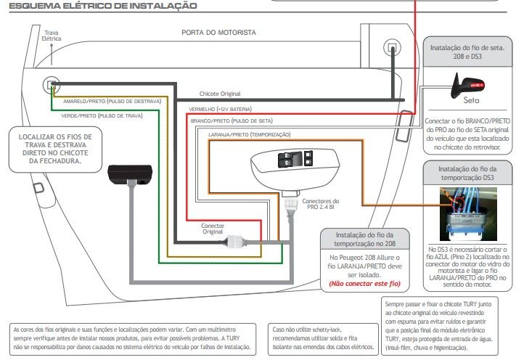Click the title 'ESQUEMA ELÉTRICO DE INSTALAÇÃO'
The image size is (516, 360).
point(103,6)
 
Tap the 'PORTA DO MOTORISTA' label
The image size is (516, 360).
point(219,32)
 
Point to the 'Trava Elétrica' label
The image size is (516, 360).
point(52,36)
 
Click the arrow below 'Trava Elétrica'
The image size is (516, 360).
point(52,54)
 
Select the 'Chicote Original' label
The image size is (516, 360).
point(220,94)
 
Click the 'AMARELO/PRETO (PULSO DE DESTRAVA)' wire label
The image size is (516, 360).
point(112,102)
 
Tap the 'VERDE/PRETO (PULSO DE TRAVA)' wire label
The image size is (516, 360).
point(102,116)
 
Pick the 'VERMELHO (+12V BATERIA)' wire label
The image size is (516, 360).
point(220,109)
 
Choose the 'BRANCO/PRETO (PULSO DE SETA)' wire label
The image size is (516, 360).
point(232,120)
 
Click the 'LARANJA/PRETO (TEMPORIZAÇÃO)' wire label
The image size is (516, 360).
point(250,134)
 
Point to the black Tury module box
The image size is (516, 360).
point(130,174)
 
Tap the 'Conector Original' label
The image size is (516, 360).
point(213,229)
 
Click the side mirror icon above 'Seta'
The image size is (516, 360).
point(467,85)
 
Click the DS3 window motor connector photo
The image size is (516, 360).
point(468,214)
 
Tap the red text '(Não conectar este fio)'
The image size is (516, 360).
point(364,283)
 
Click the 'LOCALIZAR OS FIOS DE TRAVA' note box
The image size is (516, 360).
point(55,150)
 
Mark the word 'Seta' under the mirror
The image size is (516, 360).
point(471,100)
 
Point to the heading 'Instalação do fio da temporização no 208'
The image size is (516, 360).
point(364,240)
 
